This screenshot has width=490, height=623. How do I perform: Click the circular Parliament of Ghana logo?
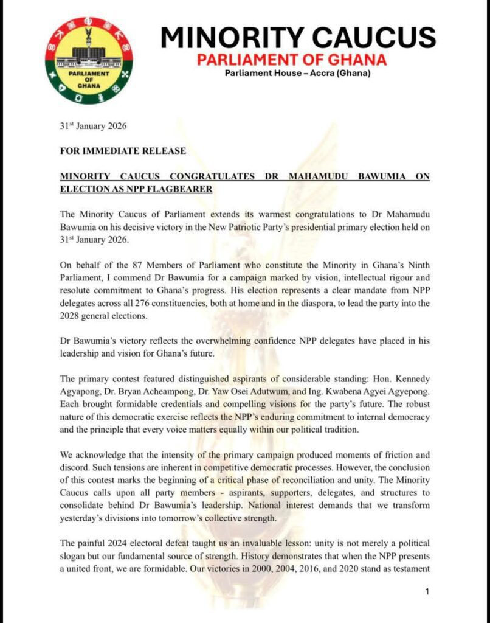click(x=89, y=60)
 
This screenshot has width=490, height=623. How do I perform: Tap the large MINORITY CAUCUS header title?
click(x=298, y=38)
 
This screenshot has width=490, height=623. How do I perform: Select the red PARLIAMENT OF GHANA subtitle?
click(x=291, y=60)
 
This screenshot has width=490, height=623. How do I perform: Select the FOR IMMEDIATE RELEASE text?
click(x=123, y=150)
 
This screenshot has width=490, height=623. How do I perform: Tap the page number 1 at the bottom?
click(x=427, y=591)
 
